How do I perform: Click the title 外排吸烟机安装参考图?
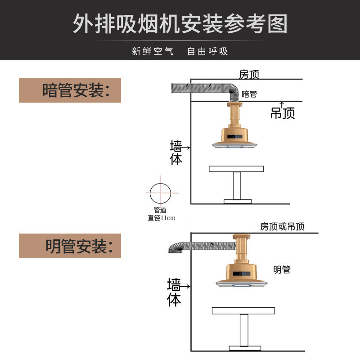pyautogui.click(x=180, y=23)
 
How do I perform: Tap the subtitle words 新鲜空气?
pyautogui.click(x=152, y=51)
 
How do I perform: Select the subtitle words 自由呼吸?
pyautogui.click(x=207, y=51)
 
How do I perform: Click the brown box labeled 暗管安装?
pyautogui.click(x=70, y=90)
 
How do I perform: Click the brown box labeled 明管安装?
pyautogui.click(x=70, y=246)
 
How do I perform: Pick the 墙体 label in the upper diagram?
pyautogui.click(x=176, y=153)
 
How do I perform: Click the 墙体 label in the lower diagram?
pyautogui.click(x=174, y=292)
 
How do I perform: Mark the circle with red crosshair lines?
pyautogui.click(x=161, y=192)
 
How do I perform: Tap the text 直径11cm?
pyautogui.click(x=161, y=218)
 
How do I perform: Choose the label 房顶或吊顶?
pyautogui.click(x=282, y=226)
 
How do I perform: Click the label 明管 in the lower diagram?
pyautogui.click(x=282, y=270)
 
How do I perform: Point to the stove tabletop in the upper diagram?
pyautogui.click(x=236, y=169)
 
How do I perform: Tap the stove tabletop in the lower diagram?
pyautogui.click(x=243, y=310)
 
